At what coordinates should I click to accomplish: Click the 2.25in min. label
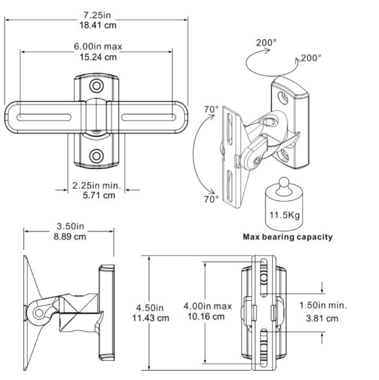pyautogui.click(x=98, y=185)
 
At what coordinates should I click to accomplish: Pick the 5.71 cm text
pyautogui.click(x=98, y=196)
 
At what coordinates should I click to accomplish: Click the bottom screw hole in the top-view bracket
pyautogui.click(x=98, y=156)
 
